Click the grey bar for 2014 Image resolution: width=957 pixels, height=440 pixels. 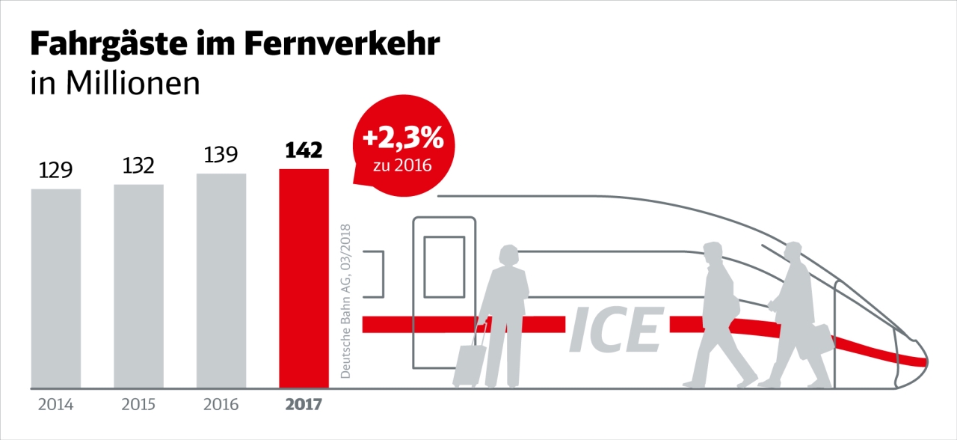(56, 288)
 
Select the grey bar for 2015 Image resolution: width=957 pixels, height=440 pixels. (138, 286)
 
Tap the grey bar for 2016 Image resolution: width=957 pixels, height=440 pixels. (221, 281)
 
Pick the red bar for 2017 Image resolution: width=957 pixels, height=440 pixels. (304, 278)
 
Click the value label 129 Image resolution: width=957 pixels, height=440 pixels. (56, 171)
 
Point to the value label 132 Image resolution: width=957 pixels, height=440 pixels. (138, 165)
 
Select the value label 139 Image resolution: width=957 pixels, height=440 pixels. (221, 155)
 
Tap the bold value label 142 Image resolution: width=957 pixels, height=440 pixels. (304, 150)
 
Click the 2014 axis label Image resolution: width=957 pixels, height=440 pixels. (56, 405)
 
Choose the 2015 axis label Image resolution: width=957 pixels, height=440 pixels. (138, 405)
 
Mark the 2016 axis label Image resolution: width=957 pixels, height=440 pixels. (221, 405)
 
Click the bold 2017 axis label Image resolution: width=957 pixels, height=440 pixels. (304, 405)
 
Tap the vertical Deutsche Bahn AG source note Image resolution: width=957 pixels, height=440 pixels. (345, 299)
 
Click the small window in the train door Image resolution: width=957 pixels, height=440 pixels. (444, 266)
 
